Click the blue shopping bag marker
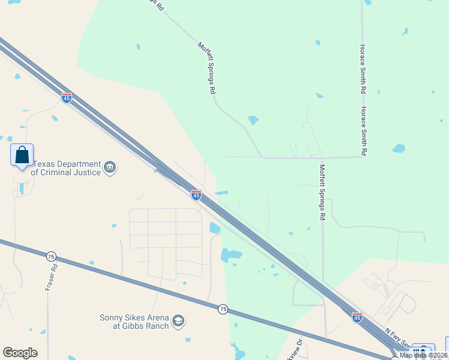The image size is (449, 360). pyautogui.click(x=22, y=155)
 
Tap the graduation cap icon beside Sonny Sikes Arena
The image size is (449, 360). pyautogui.click(x=178, y=322)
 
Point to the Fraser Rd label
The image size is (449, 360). pyautogui.click(x=50, y=277)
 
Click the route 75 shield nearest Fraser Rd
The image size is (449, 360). pyautogui.click(x=51, y=256)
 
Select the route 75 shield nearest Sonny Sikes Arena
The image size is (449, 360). pyautogui.click(x=223, y=308)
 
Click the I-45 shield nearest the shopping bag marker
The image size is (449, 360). pyautogui.click(x=67, y=97)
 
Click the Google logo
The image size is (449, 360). pyautogui.click(x=20, y=353)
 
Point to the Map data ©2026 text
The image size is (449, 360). pyautogui.click(x=423, y=355)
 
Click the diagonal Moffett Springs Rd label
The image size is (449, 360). pyautogui.click(x=206, y=68)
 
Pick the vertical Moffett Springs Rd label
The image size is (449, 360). pyautogui.click(x=322, y=191)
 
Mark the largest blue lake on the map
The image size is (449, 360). pyautogui.click(x=231, y=254)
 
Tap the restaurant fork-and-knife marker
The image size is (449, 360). pyautogui.click(x=423, y=351)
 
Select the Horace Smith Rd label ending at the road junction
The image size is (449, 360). pyautogui.click(x=363, y=131)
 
